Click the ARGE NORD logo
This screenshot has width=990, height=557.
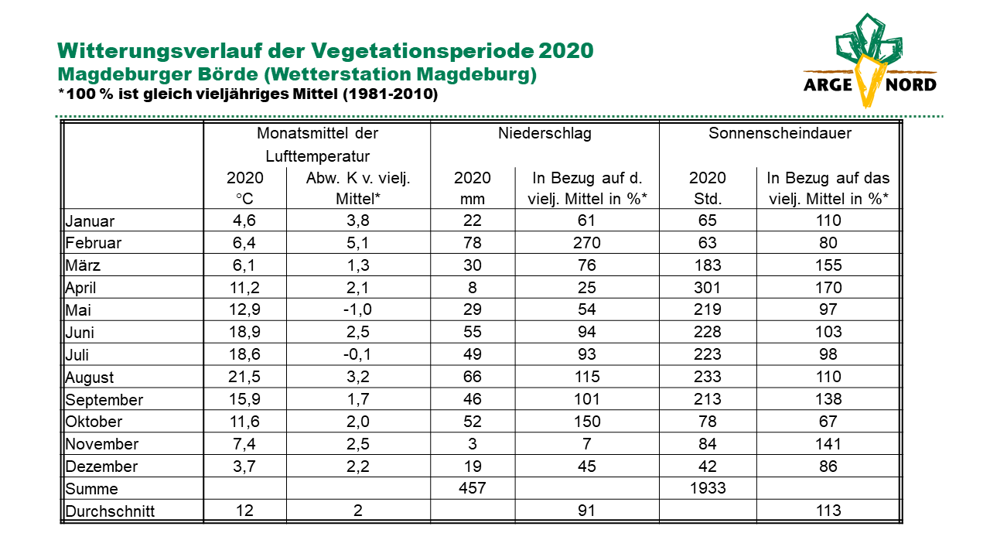tap(869, 60)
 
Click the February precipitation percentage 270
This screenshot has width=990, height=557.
tap(586, 243)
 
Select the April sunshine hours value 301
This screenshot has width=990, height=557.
tap(707, 288)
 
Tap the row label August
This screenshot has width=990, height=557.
tap(89, 378)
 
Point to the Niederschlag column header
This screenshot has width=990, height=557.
tap(544, 133)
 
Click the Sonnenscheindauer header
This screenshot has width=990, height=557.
tap(780, 133)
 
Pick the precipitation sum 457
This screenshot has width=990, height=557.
tap(472, 488)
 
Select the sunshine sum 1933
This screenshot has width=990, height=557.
tap(708, 488)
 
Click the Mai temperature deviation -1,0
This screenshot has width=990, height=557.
tap(357, 309)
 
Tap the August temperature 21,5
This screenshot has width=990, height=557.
tap(244, 377)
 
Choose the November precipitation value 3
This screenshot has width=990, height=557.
tap(473, 443)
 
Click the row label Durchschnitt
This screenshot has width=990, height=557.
tap(110, 511)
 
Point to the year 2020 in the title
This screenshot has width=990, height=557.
tap(565, 50)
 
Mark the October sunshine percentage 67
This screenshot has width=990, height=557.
tap(828, 422)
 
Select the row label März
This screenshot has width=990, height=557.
tap(83, 265)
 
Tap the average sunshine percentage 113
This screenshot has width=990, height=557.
tap(828, 511)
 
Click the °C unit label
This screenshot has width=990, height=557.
tap(244, 199)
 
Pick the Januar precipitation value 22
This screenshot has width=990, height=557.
tap(472, 220)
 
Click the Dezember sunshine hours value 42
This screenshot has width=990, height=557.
tap(707, 466)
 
